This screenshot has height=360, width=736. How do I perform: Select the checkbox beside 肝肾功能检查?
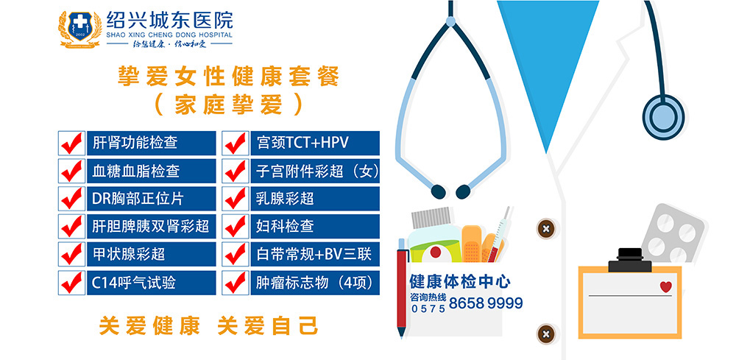point(72,143)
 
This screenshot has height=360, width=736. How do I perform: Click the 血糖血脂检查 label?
point(135,172)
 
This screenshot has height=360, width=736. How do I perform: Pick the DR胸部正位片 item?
point(138,199)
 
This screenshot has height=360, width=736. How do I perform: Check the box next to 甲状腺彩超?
point(72,255)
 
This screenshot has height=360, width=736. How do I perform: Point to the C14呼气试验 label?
point(134,283)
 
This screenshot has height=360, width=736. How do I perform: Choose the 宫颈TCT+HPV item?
point(302,143)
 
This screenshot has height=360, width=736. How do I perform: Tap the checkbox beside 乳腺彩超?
point(236,199)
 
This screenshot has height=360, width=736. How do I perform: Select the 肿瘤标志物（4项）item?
point(316,283)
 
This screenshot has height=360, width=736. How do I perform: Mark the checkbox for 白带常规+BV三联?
point(236,255)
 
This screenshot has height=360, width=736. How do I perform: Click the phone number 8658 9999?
point(486,303)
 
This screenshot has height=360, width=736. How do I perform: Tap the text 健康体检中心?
point(460,282)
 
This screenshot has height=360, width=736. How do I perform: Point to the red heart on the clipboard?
point(665,286)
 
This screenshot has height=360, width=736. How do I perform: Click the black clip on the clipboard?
point(630,261)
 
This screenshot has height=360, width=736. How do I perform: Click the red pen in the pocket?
point(403,287)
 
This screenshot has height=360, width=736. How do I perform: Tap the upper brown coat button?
point(546,230)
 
